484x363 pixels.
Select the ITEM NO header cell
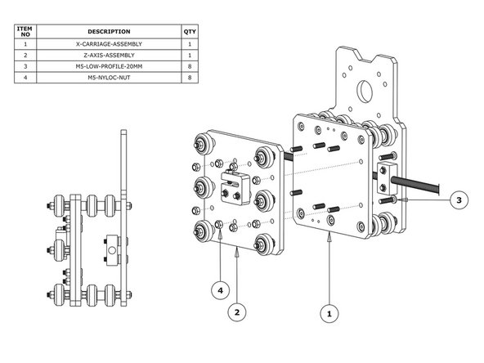(26, 31)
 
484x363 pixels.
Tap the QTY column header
(190, 31)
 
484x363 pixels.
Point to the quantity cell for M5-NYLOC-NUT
(190, 78)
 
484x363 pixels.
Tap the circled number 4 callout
(220, 289)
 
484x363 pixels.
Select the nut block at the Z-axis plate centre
(234, 187)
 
